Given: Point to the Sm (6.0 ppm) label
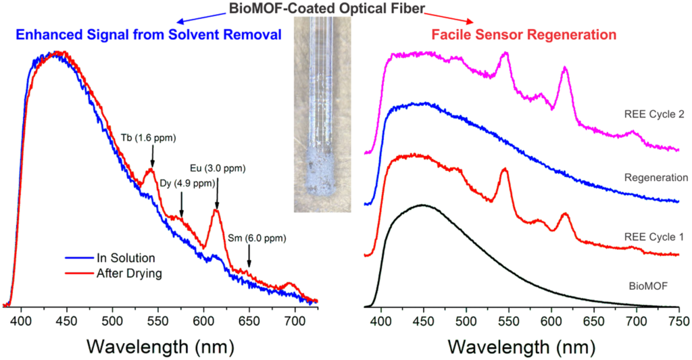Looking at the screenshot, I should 257,238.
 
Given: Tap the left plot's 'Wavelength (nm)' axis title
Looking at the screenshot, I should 162,346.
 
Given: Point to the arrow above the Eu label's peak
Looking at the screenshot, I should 217,192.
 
